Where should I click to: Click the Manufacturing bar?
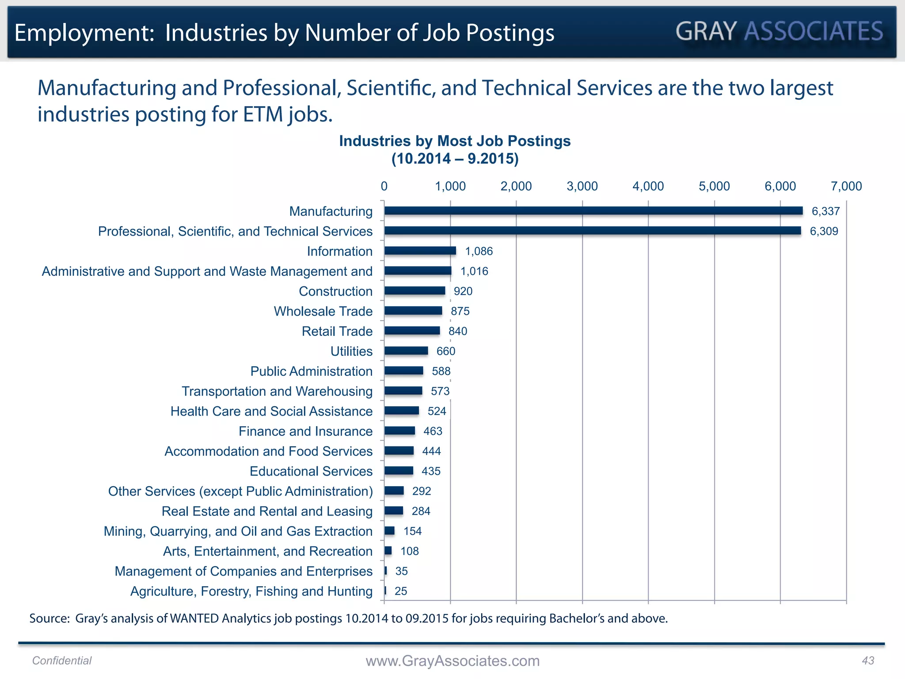coord(593,211)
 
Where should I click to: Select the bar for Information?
coord(420,251)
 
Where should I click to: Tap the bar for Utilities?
coord(406,351)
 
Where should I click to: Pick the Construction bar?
coord(414,290)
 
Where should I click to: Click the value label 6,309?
coord(824,231)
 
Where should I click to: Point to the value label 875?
coord(460,311)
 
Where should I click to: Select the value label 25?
coord(401,591)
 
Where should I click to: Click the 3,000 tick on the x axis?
coord(582,186)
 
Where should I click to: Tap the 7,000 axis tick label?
coord(846,186)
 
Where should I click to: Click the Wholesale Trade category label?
coord(323,311)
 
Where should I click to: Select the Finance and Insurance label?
coord(305,431)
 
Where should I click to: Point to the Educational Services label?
coord(311,471)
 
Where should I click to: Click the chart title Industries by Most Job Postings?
coord(455,141)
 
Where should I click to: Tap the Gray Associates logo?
coord(779,31)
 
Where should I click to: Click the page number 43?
coord(868,660)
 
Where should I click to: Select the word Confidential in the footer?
coord(62,660)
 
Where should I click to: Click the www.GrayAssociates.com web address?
coord(452,661)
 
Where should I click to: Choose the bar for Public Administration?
coord(403,370)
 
